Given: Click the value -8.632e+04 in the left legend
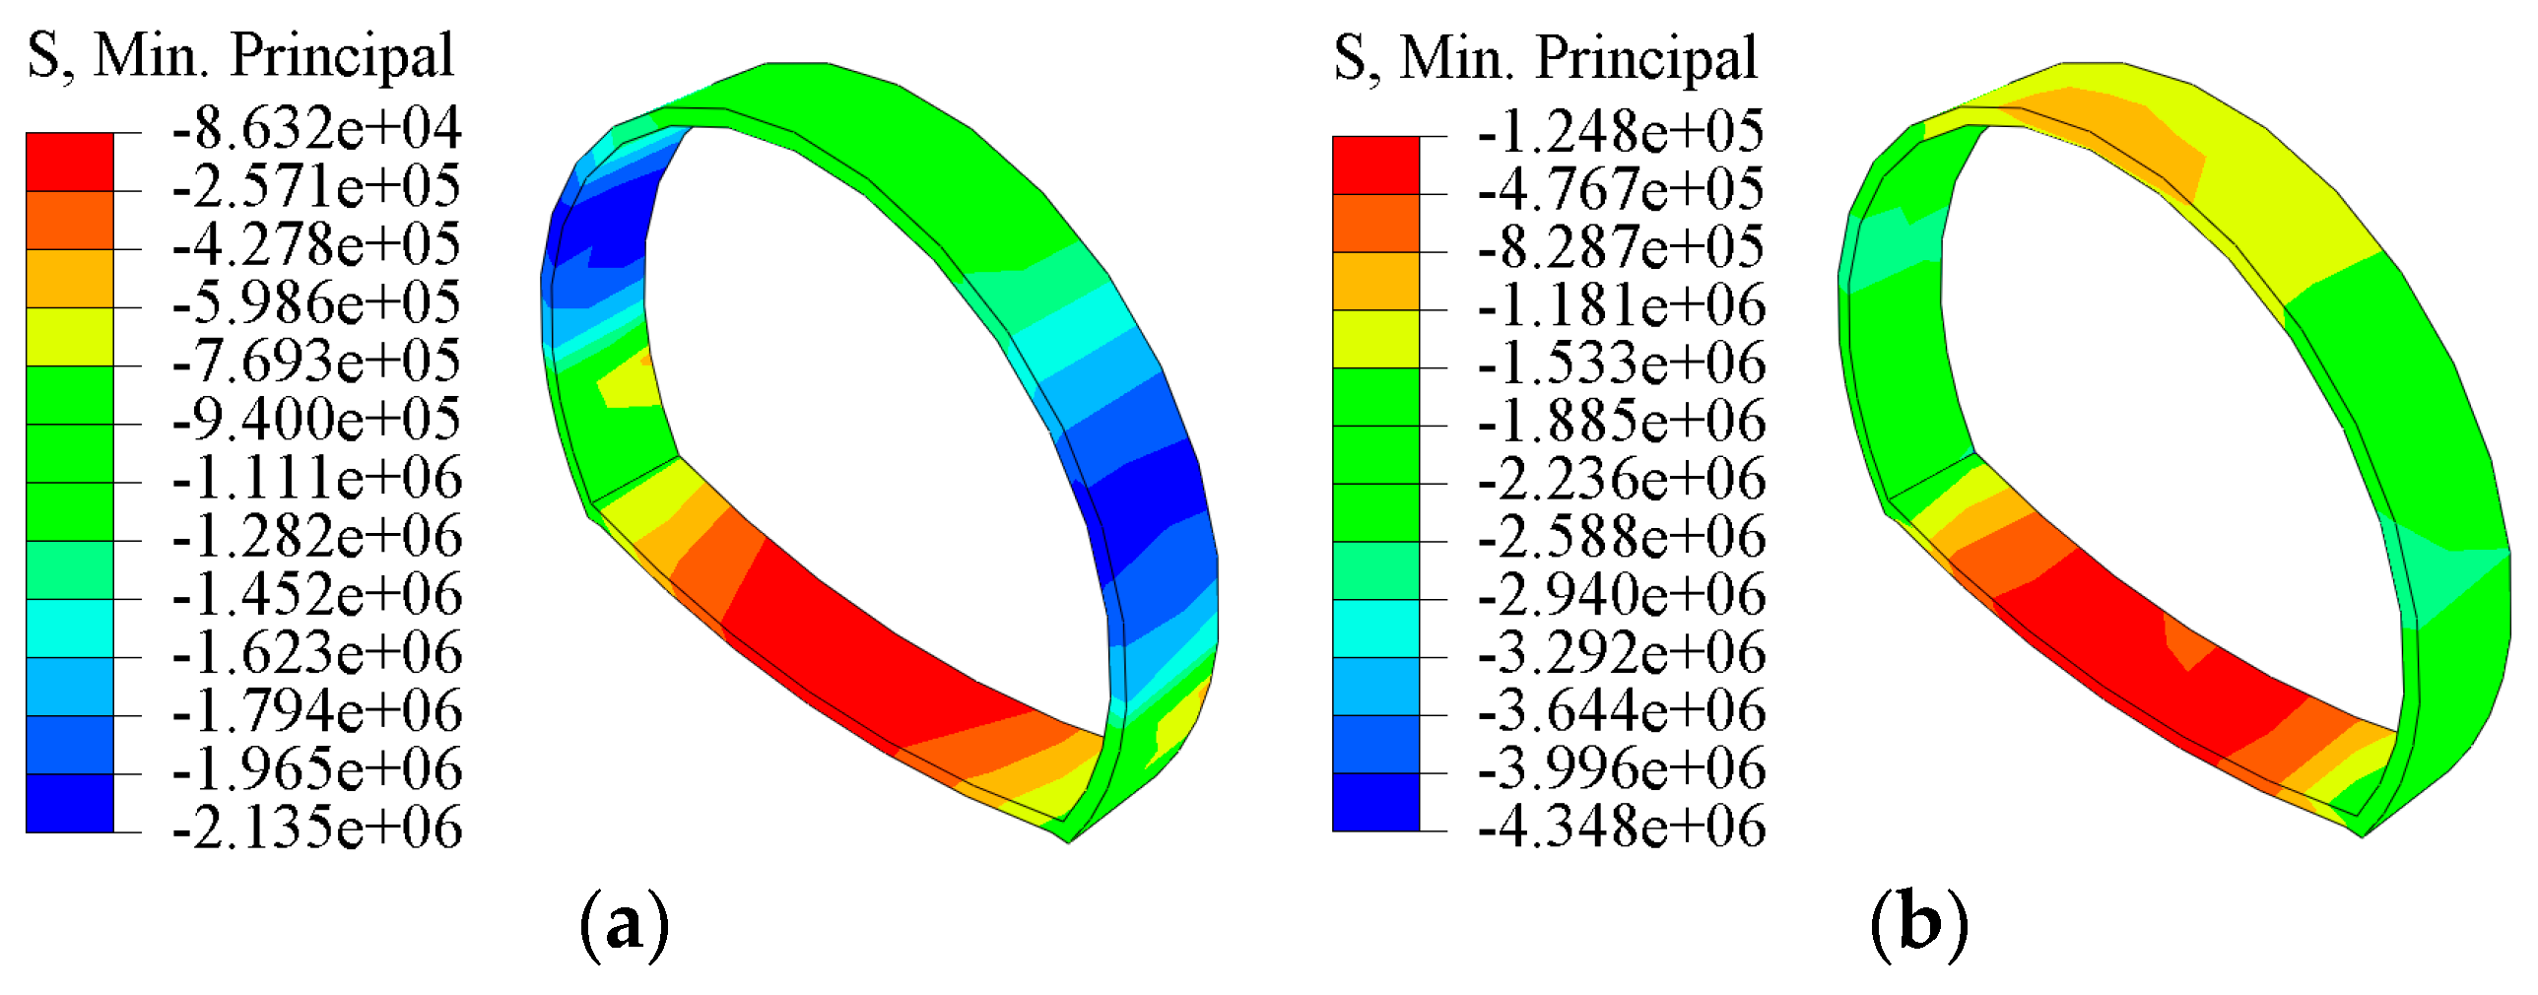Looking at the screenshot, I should pos(316,129).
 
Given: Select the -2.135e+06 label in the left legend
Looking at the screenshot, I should pos(316,828).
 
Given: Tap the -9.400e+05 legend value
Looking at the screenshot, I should pos(316,421).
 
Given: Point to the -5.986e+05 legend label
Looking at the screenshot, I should pos(316,303).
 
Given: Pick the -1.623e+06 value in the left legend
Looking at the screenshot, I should pos(316,653).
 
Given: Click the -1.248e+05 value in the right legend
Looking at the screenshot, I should pos(1621,132).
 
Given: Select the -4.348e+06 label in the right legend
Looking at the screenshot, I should pos(1621,827).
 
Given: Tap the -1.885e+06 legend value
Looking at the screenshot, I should pos(1621,422).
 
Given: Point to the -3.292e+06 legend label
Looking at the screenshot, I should pos(1621,653).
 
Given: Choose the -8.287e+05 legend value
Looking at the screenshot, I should pos(1621,247).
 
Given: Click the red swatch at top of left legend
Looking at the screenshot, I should pos(69,162).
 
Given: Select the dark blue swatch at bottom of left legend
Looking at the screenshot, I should pos(69,803).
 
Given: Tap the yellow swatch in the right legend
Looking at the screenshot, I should pos(1375,339).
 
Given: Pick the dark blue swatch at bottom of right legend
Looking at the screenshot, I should pos(1375,802).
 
